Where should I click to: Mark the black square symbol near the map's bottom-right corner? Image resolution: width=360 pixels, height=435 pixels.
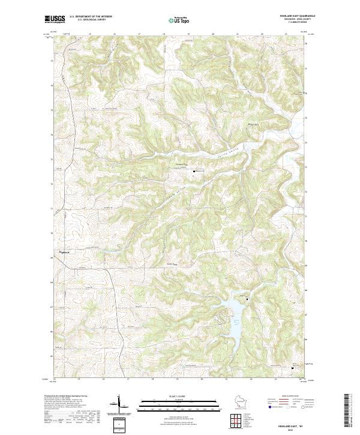pos(292,368)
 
